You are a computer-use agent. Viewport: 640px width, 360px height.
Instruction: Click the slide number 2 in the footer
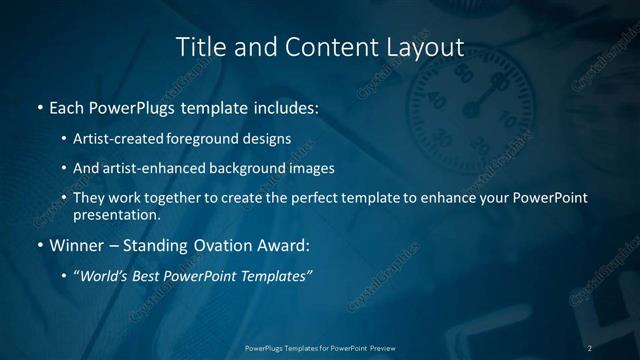point(590,348)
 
